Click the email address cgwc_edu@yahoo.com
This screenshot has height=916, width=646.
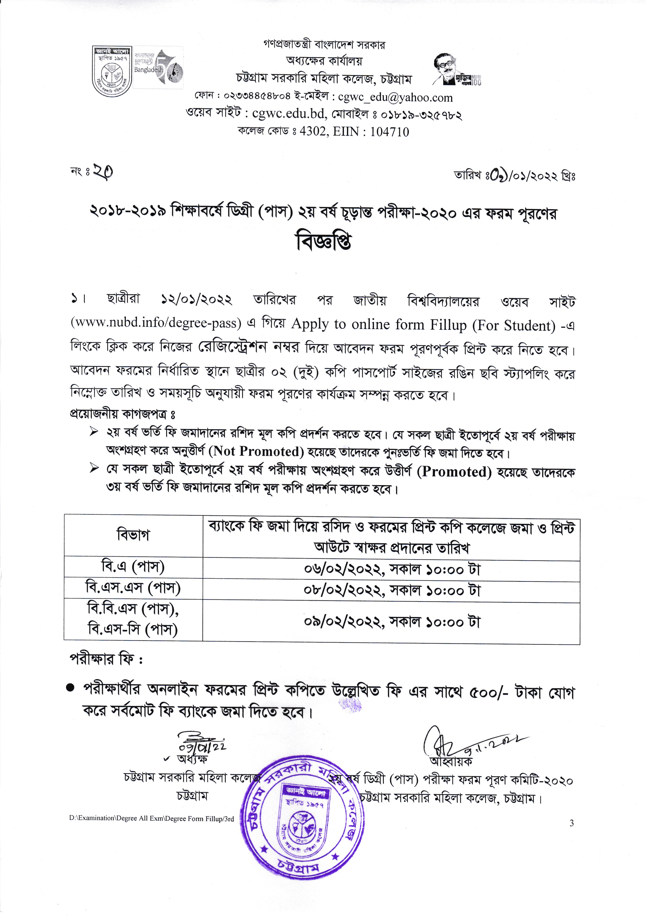point(395,97)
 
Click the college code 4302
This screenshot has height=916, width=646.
point(312,132)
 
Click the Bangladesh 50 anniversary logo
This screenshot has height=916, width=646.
point(158,69)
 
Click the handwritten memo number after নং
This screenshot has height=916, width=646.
point(103,172)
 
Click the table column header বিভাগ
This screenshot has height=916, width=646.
point(133,535)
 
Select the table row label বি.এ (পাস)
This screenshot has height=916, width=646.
point(133,567)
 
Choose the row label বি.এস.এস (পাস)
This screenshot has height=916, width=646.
point(133,588)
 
